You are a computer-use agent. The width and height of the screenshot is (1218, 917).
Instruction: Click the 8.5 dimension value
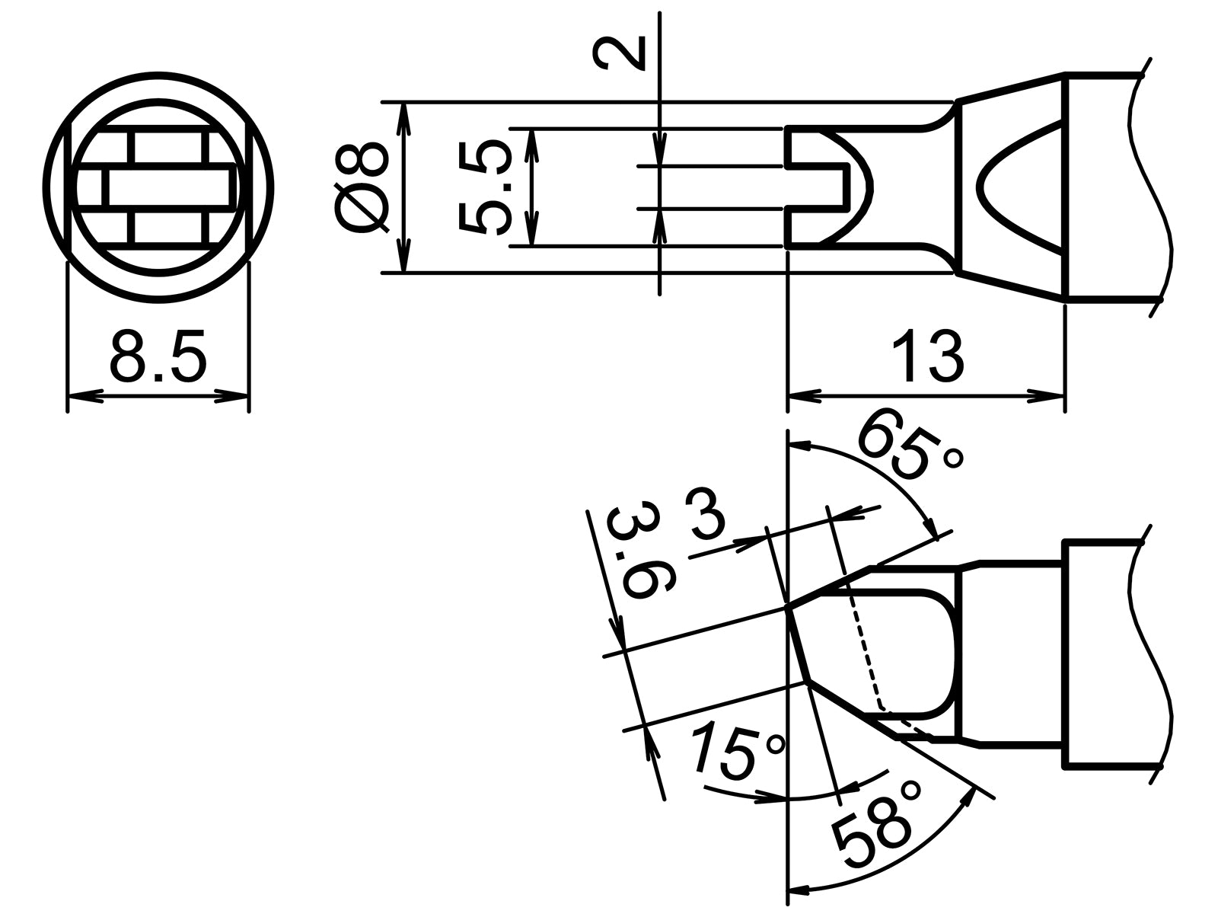tap(158, 356)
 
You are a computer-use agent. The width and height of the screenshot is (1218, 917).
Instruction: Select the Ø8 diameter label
tap(360, 187)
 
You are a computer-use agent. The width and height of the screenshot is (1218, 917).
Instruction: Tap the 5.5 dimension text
tap(483, 187)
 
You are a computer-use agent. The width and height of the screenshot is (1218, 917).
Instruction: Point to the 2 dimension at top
tap(618, 53)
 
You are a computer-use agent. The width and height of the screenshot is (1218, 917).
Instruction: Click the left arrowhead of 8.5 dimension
tap(84, 396)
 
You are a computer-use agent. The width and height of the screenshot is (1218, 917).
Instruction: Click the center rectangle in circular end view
tap(167, 187)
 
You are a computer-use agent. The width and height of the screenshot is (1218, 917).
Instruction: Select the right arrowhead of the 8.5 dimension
tap(233, 396)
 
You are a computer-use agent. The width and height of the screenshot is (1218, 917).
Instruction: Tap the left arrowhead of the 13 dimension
tap(804, 396)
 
